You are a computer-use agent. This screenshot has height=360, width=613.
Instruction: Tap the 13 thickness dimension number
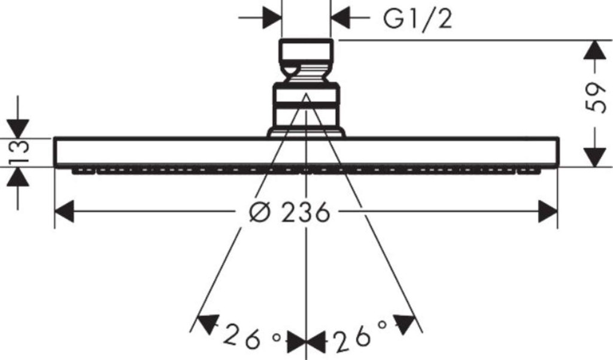pyautogui.click(x=19, y=152)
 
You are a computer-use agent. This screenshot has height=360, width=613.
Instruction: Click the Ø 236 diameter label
pyautogui.click(x=289, y=212)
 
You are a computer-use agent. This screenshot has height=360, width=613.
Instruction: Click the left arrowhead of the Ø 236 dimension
pyautogui.click(x=64, y=211)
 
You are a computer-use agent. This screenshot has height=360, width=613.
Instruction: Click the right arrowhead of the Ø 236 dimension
pyautogui.click(x=548, y=211)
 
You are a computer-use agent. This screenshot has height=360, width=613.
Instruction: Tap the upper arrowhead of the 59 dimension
pyautogui.click(x=594, y=50)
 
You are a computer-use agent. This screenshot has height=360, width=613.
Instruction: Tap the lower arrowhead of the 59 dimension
pyautogui.click(x=594, y=158)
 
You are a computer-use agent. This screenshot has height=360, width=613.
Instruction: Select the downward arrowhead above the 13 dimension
pyautogui.click(x=18, y=129)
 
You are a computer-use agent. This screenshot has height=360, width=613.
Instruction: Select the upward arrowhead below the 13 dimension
pyautogui.click(x=18, y=177)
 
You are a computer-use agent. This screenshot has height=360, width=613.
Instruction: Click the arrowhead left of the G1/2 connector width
pyautogui.click(x=272, y=17)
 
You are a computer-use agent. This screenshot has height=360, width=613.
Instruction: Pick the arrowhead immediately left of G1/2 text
pyautogui.click(x=340, y=17)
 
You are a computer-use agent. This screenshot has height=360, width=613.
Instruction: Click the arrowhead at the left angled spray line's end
pyautogui.click(x=208, y=323)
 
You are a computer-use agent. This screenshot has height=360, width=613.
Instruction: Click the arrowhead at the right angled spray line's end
pyautogui.click(x=403, y=324)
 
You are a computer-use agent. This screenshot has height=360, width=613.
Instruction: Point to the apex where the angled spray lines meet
pyautogui.click(x=306, y=94)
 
